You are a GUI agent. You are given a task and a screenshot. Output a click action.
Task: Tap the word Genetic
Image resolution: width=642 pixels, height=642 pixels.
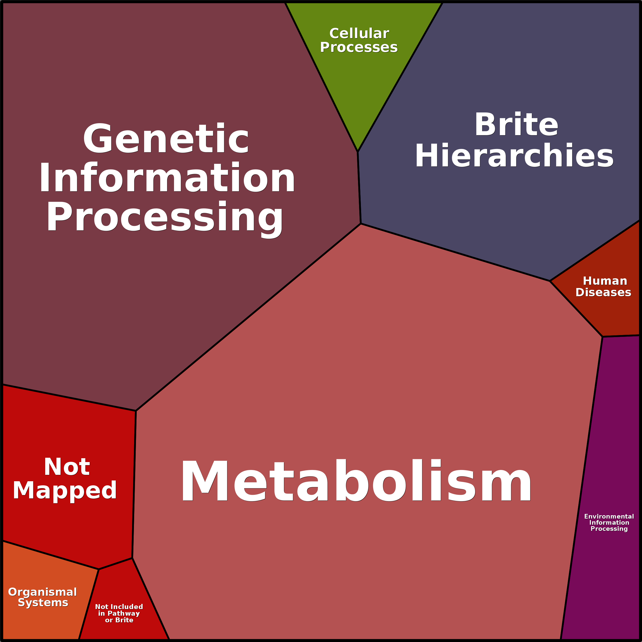click(x=166, y=139)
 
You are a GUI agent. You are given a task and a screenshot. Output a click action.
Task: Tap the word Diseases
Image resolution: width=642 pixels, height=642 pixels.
click(x=603, y=292)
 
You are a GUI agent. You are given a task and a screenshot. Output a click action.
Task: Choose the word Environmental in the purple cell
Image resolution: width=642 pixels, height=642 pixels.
click(x=609, y=517)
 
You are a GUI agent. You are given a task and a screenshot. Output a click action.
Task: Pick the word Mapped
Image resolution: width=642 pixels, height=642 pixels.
click(x=65, y=490)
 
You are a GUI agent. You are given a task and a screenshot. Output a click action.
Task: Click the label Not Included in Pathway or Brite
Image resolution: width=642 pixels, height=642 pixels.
click(x=119, y=613)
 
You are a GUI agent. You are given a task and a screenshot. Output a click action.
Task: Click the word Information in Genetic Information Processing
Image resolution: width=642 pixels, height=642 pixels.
click(x=167, y=178)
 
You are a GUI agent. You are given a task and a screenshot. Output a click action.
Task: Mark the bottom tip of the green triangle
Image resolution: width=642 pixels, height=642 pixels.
click(x=358, y=151)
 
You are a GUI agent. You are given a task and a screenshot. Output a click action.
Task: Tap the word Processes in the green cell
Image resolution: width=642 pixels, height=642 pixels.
click(x=359, y=48)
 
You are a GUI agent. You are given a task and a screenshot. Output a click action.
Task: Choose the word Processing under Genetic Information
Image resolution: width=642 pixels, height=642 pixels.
click(x=165, y=218)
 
